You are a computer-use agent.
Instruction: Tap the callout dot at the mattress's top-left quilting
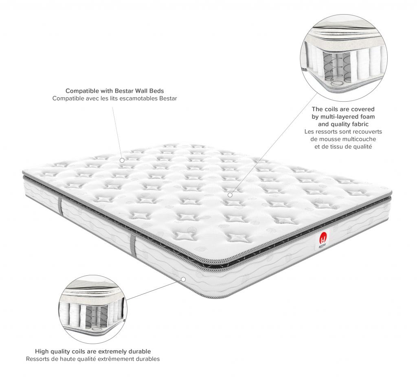(122, 161)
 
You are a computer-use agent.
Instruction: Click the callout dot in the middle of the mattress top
(230, 195)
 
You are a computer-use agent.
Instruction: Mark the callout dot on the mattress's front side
(183, 279)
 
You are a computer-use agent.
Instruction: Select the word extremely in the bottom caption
(114, 351)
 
